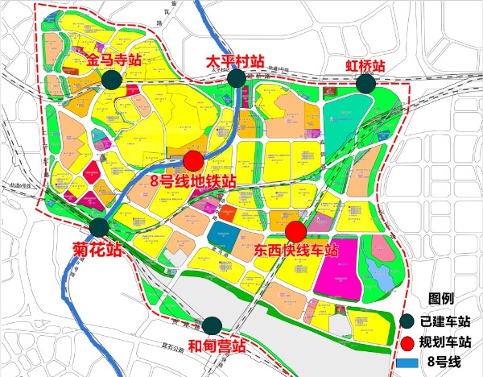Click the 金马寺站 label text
click(x=116, y=60)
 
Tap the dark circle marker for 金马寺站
click(x=111, y=79)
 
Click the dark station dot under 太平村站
click(x=237, y=78)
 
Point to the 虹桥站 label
click(x=365, y=64)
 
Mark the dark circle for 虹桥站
click(x=366, y=84)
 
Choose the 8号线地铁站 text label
click(x=193, y=180)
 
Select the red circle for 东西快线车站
click(x=296, y=231)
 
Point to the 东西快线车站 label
click(x=295, y=251)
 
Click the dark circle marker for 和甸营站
click(x=212, y=325)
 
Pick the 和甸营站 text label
click(x=216, y=347)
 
